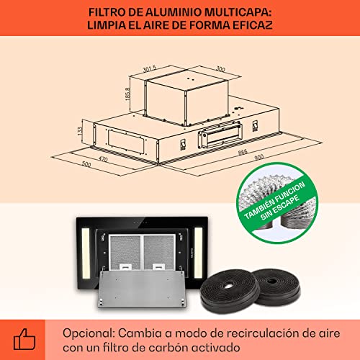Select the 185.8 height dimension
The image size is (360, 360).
click(x=125, y=93)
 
